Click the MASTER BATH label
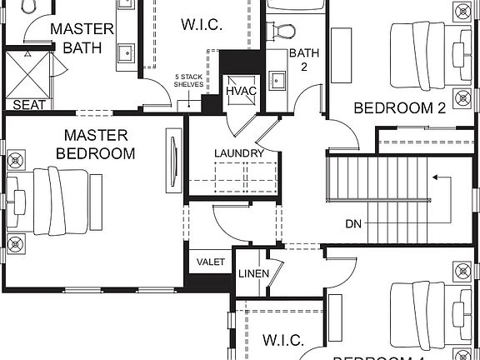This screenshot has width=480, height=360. pos(82,38)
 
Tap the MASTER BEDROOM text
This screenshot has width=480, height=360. pos(96,144)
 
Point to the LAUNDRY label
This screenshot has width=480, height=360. pos(238,153)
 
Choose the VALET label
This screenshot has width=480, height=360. pos(211,262)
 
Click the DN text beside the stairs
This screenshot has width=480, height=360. pos(353,223)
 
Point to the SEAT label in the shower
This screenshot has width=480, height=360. pos(28,105)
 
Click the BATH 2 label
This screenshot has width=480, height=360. pos(299,60)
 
